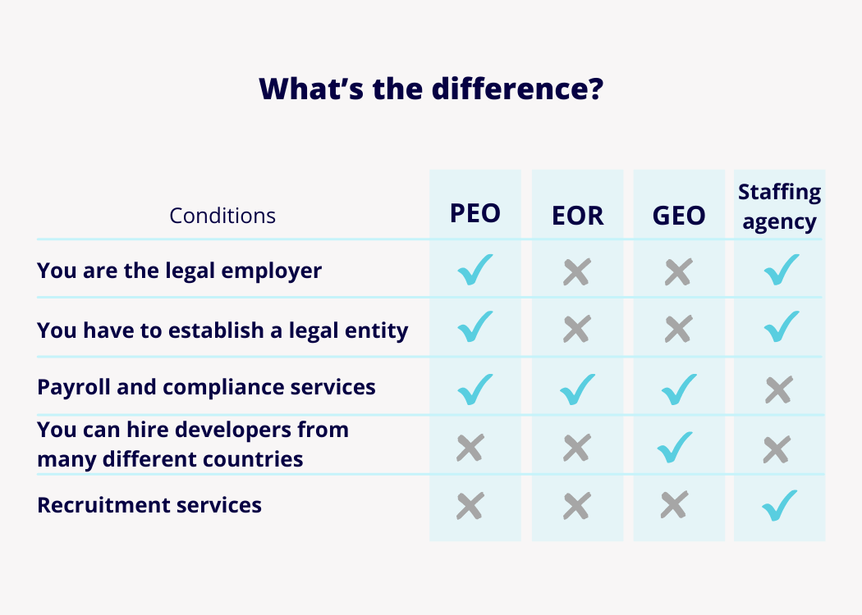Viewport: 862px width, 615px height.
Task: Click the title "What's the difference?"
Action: pyautogui.click(x=431, y=89)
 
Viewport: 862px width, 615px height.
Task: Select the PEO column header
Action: pyautogui.click(x=475, y=213)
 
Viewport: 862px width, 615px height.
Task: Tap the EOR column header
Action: pyautogui.click(x=577, y=215)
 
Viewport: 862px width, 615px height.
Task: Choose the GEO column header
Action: pyautogui.click(x=679, y=215)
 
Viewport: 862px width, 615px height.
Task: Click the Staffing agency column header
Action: pyautogui.click(x=780, y=207)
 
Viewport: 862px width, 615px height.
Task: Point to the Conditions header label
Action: pyautogui.click(x=222, y=216)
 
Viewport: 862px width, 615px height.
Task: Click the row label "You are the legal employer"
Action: pyautogui.click(x=179, y=271)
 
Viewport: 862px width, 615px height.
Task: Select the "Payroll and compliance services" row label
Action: pyautogui.click(x=206, y=387)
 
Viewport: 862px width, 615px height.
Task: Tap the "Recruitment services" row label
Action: pyautogui.click(x=149, y=505)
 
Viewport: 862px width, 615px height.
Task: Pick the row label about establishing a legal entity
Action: pyautogui.click(x=222, y=330)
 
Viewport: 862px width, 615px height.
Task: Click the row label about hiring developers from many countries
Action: pyautogui.click(x=193, y=444)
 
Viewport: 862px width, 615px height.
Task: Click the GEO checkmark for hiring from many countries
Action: pyautogui.click(x=675, y=448)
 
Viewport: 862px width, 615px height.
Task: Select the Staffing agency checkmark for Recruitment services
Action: pyautogui.click(x=780, y=505)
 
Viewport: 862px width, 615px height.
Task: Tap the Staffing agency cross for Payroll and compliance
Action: pyautogui.click(x=779, y=389)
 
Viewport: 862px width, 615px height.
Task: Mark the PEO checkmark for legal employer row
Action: pyautogui.click(x=475, y=270)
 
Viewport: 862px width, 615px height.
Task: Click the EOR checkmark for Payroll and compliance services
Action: pyautogui.click(x=577, y=389)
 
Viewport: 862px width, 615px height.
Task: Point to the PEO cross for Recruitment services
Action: pyautogui.click(x=470, y=506)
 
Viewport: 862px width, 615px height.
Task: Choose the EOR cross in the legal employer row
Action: pyautogui.click(x=577, y=271)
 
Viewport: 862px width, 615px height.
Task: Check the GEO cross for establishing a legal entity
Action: pyautogui.click(x=678, y=329)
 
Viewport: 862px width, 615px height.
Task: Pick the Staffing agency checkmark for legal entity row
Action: pyautogui.click(x=782, y=326)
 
